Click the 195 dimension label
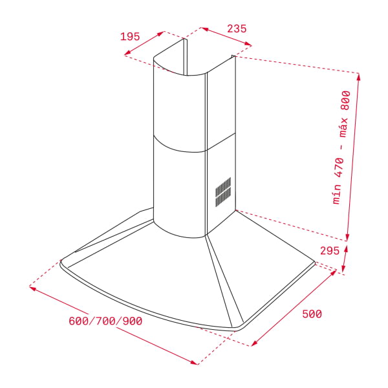[x=130, y=36]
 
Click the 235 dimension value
[x=237, y=28]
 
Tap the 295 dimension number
[x=329, y=251]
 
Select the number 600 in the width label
[x=78, y=321]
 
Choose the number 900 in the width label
[x=132, y=321]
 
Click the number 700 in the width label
[x=105, y=321]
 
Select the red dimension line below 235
[x=226, y=37]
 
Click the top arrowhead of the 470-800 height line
[x=359, y=76]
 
